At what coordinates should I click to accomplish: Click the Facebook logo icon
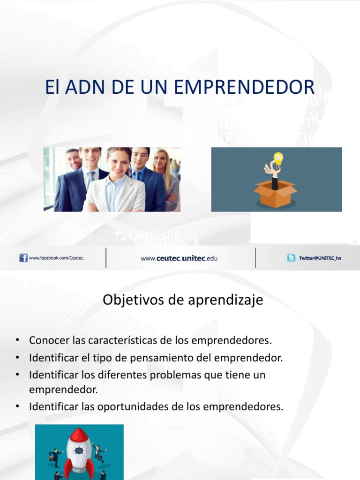coord(23,258)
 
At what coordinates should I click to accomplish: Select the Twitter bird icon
coord(291,258)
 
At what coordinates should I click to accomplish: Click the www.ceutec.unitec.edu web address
coord(179,258)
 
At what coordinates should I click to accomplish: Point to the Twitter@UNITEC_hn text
coord(320,258)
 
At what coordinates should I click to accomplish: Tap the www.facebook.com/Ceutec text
coord(56,258)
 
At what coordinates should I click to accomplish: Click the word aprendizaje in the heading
coord(225,300)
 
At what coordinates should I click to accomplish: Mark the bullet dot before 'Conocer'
coord(17,340)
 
